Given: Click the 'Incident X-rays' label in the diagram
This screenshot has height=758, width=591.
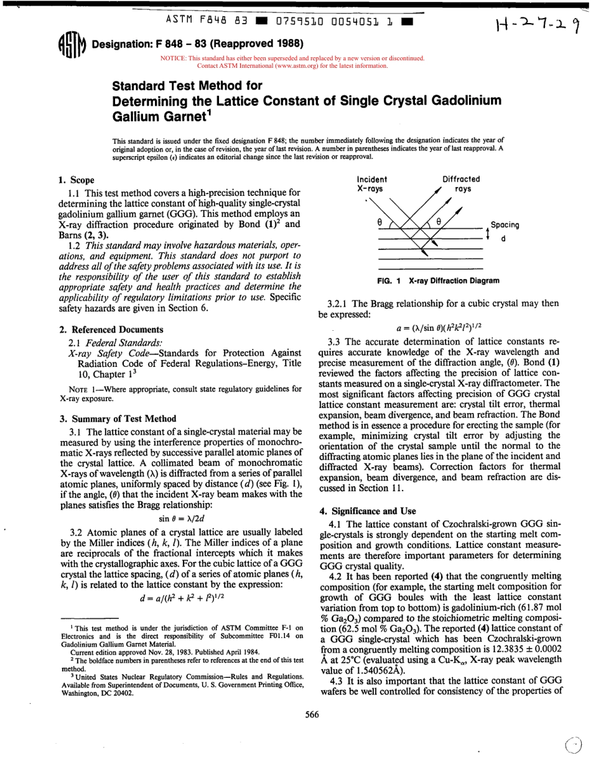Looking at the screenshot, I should [x=372, y=183].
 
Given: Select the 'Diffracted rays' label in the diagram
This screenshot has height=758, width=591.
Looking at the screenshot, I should [x=461, y=183].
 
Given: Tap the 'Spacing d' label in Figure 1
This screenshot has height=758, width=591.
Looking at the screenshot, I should [x=505, y=230].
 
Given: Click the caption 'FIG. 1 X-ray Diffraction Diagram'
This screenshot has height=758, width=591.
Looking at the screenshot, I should [x=438, y=281].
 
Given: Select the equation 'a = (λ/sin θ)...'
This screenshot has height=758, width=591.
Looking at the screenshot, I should [x=438, y=327].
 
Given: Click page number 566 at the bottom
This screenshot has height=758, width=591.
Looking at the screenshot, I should [x=312, y=714].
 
